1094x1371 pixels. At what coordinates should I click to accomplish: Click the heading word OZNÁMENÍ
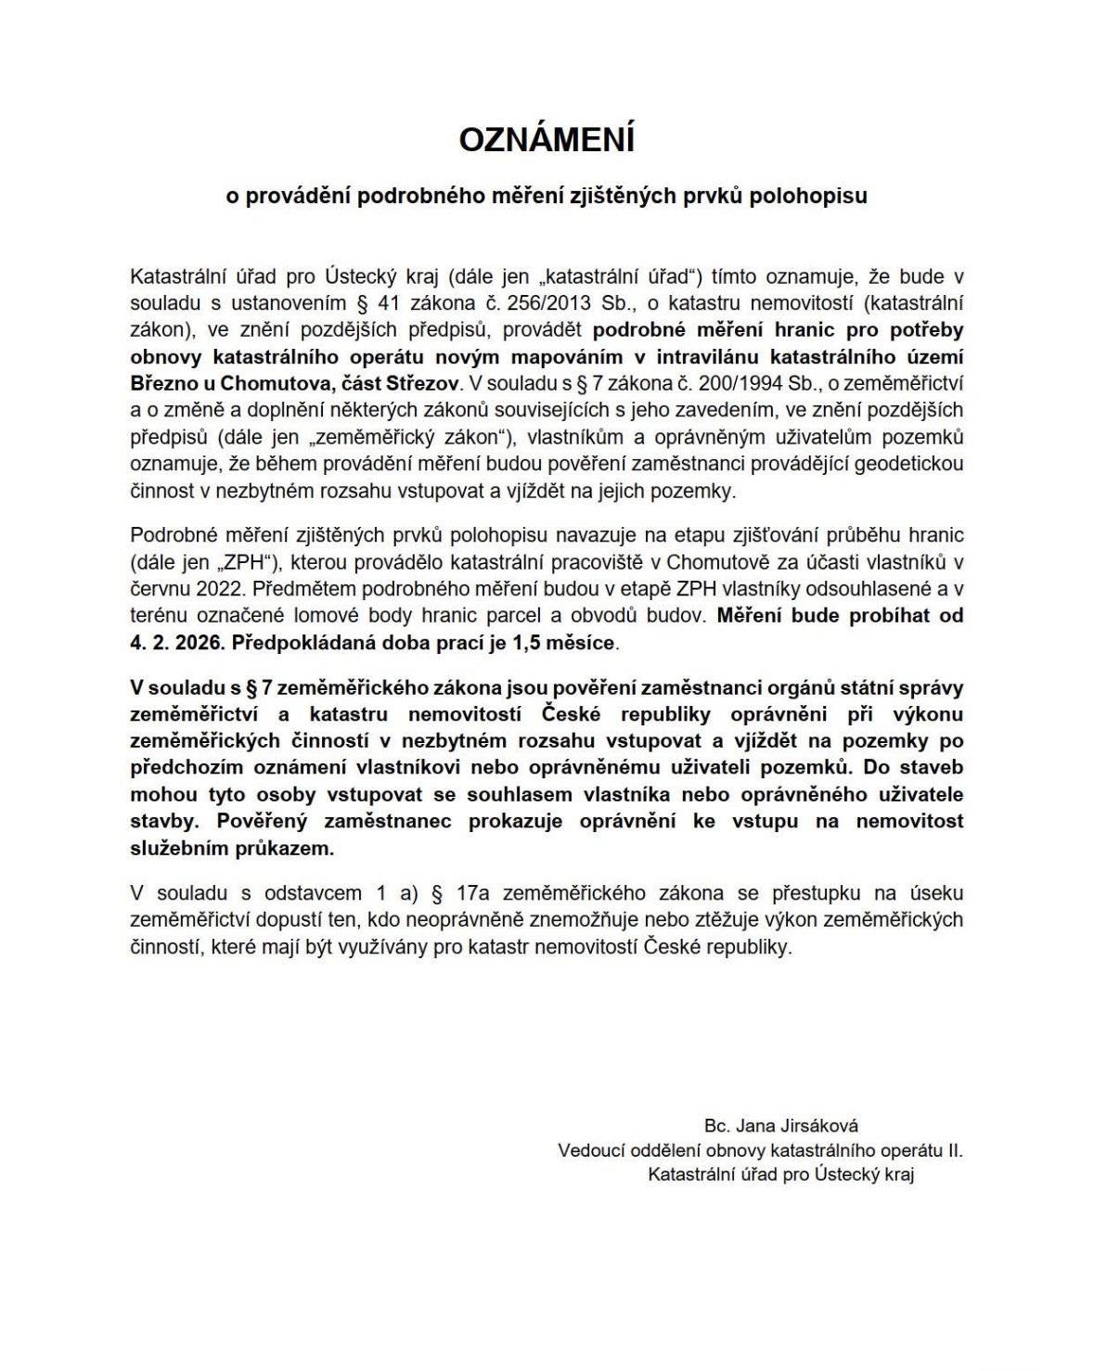click(547, 140)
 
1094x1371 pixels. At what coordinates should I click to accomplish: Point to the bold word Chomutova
click(238, 383)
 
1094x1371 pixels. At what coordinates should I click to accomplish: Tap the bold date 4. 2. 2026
click(175, 642)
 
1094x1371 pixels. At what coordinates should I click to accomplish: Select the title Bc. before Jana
click(716, 1126)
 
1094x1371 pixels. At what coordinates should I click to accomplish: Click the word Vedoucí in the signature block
click(591, 1150)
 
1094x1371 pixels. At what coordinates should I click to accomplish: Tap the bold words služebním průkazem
click(231, 848)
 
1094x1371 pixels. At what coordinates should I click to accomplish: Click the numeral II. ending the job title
click(953, 1150)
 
